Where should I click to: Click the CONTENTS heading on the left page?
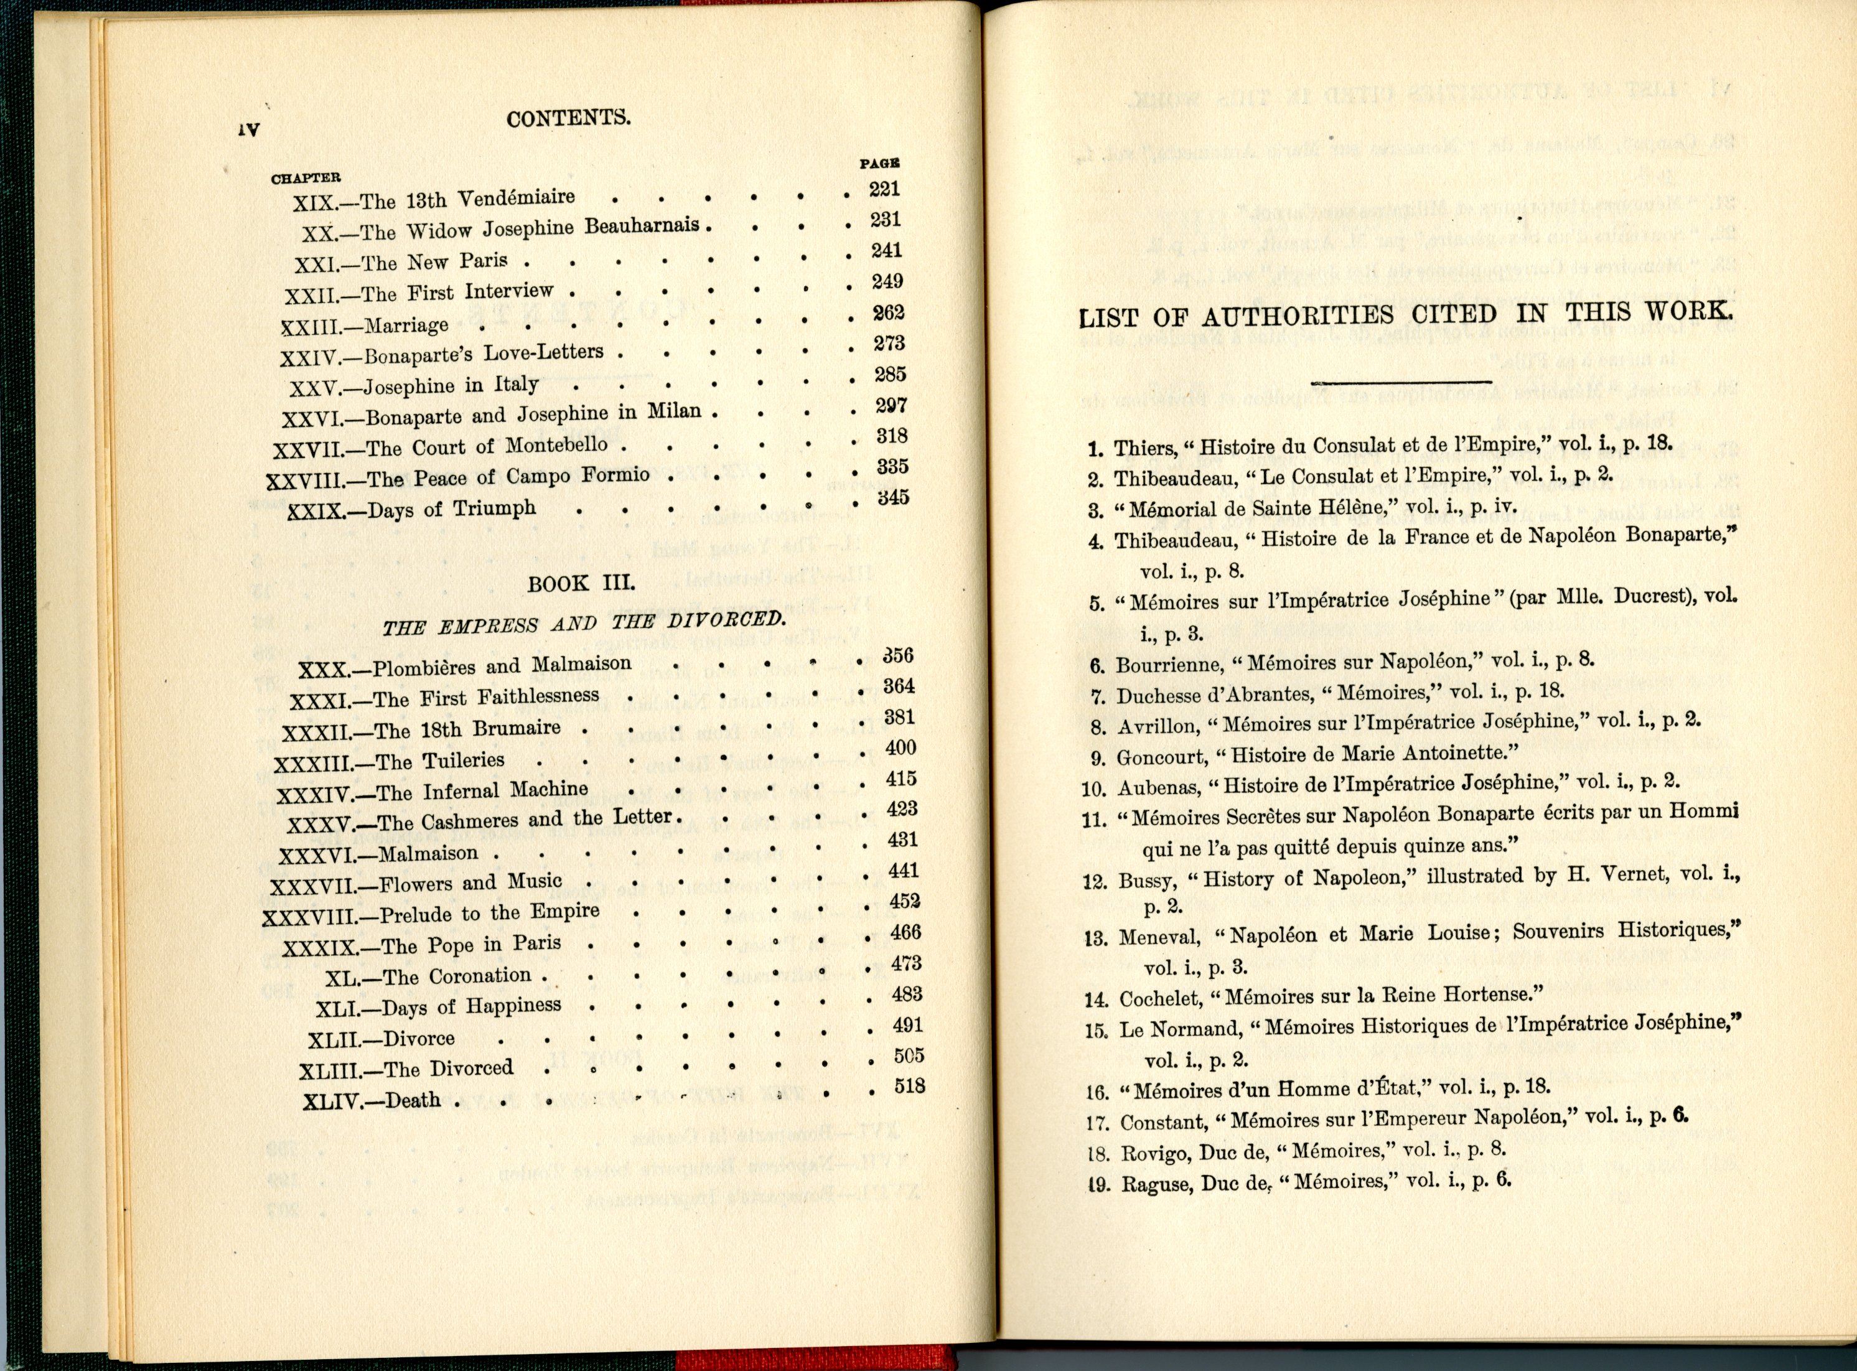coord(568,119)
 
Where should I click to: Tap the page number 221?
coord(884,189)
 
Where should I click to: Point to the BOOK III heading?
coord(581,583)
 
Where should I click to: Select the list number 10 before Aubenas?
coord(1095,789)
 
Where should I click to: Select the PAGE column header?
coord(879,164)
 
